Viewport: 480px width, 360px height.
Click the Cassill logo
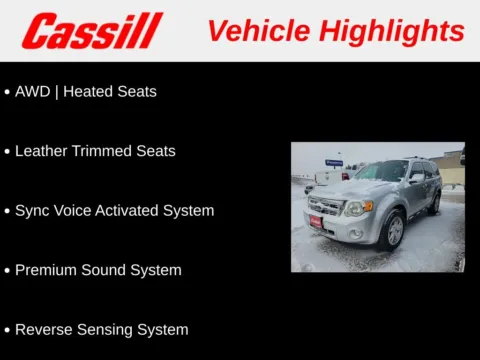click(x=92, y=31)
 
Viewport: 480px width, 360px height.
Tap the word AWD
click(x=33, y=91)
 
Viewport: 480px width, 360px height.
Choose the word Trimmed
click(x=103, y=151)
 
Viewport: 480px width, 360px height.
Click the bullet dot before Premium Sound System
click(x=7, y=271)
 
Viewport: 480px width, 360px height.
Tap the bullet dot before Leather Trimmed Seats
click(x=7, y=152)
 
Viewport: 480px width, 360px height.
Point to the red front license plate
click(x=316, y=222)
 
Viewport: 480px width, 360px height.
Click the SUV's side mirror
click(x=414, y=178)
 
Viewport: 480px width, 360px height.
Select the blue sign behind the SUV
click(x=334, y=162)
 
